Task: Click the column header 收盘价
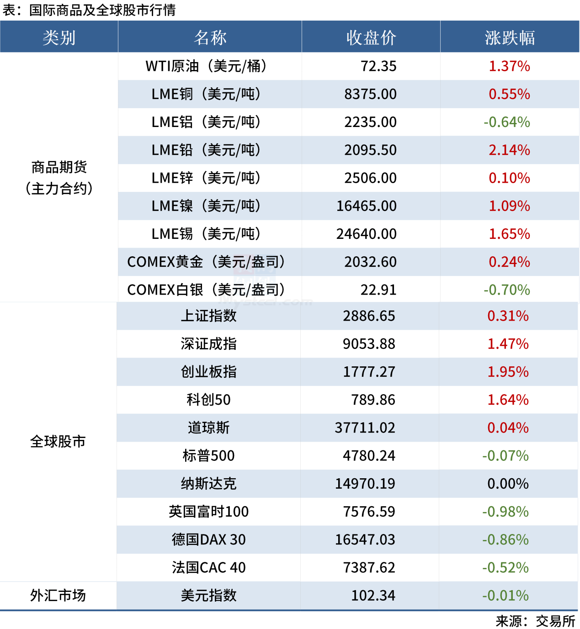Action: coord(371,37)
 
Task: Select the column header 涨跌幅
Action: coord(510,37)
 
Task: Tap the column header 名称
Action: coord(210,37)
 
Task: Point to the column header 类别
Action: coord(59,37)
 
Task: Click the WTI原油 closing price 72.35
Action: coord(378,66)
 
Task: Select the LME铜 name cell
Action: coord(206,94)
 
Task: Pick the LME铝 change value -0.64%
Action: coord(507,122)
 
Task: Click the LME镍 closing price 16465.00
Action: coord(367,206)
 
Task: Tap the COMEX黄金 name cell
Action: coord(206,262)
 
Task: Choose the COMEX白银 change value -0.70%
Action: coord(507,290)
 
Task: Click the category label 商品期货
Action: coord(59,167)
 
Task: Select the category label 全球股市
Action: coord(58,442)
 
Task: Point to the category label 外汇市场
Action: coord(58,596)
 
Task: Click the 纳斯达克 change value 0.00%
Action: coord(508,484)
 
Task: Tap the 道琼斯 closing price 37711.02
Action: coord(365,428)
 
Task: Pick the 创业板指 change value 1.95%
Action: coord(508,372)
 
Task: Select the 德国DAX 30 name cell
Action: coord(209,540)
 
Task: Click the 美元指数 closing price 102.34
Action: coord(373,596)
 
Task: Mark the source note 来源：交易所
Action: coord(535,621)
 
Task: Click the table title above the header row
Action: coord(89,10)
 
